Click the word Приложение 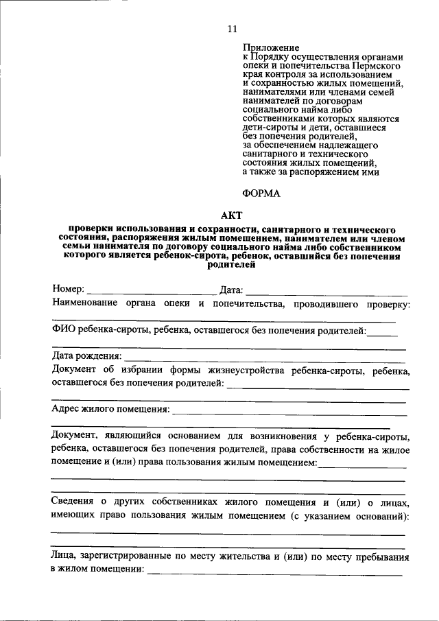(270, 47)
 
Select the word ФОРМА (262, 194)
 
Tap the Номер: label (69, 289)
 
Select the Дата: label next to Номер (231, 289)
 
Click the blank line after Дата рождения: (264, 359)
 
